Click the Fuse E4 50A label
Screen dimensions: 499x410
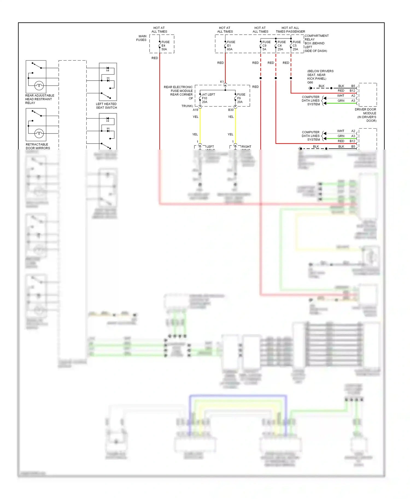[165, 46]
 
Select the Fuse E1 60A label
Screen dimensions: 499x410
[231, 46]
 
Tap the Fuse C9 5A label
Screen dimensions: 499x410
[266, 46]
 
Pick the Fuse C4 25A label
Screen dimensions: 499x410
[282, 46]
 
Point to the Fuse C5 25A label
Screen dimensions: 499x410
[297, 46]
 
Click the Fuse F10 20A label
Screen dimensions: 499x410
[208, 98]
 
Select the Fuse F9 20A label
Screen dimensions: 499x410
[241, 98]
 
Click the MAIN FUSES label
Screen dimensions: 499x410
[141, 38]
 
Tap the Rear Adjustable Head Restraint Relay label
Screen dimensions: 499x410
[40, 99]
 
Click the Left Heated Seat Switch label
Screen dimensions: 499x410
[106, 106]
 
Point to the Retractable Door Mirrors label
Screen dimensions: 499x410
[38, 146]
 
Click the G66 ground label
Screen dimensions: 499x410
[310, 82]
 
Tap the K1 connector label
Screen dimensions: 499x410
[222, 82]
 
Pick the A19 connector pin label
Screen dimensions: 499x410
[195, 110]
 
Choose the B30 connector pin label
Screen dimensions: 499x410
[231, 110]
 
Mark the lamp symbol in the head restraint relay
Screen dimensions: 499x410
[39, 85]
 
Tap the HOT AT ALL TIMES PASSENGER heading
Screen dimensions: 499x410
[290, 30]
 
